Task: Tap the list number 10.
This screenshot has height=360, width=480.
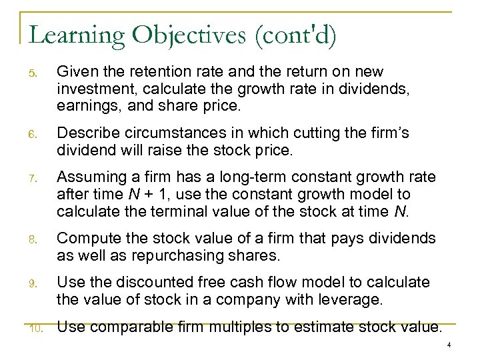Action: (39, 327)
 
